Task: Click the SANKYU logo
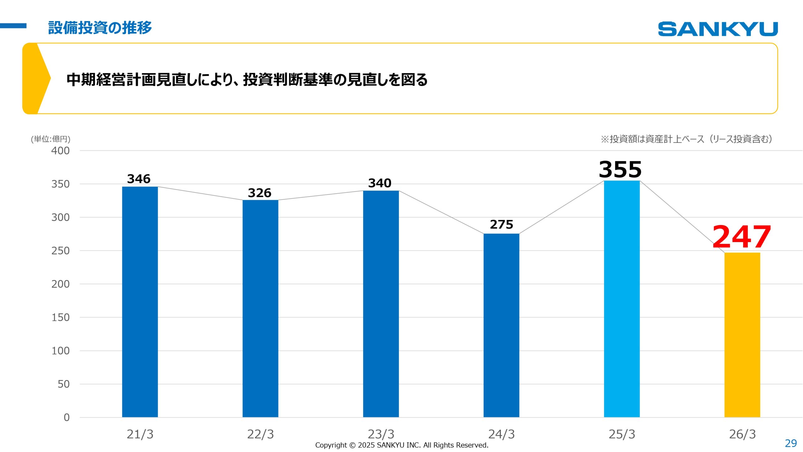point(718,29)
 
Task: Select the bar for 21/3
point(140,301)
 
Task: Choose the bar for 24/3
point(501,325)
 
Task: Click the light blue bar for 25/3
point(622,299)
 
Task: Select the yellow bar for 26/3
point(742,335)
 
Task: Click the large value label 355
point(620,169)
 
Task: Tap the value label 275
point(501,224)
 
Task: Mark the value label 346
point(139,179)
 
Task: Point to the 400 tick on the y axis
point(60,151)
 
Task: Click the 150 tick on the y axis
point(60,317)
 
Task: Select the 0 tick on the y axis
point(66,417)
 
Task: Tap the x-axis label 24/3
point(501,434)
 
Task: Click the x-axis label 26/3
point(742,434)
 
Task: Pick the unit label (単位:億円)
point(51,139)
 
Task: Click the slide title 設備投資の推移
point(100,28)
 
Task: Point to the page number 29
point(790,443)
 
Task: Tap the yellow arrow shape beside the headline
point(36,78)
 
